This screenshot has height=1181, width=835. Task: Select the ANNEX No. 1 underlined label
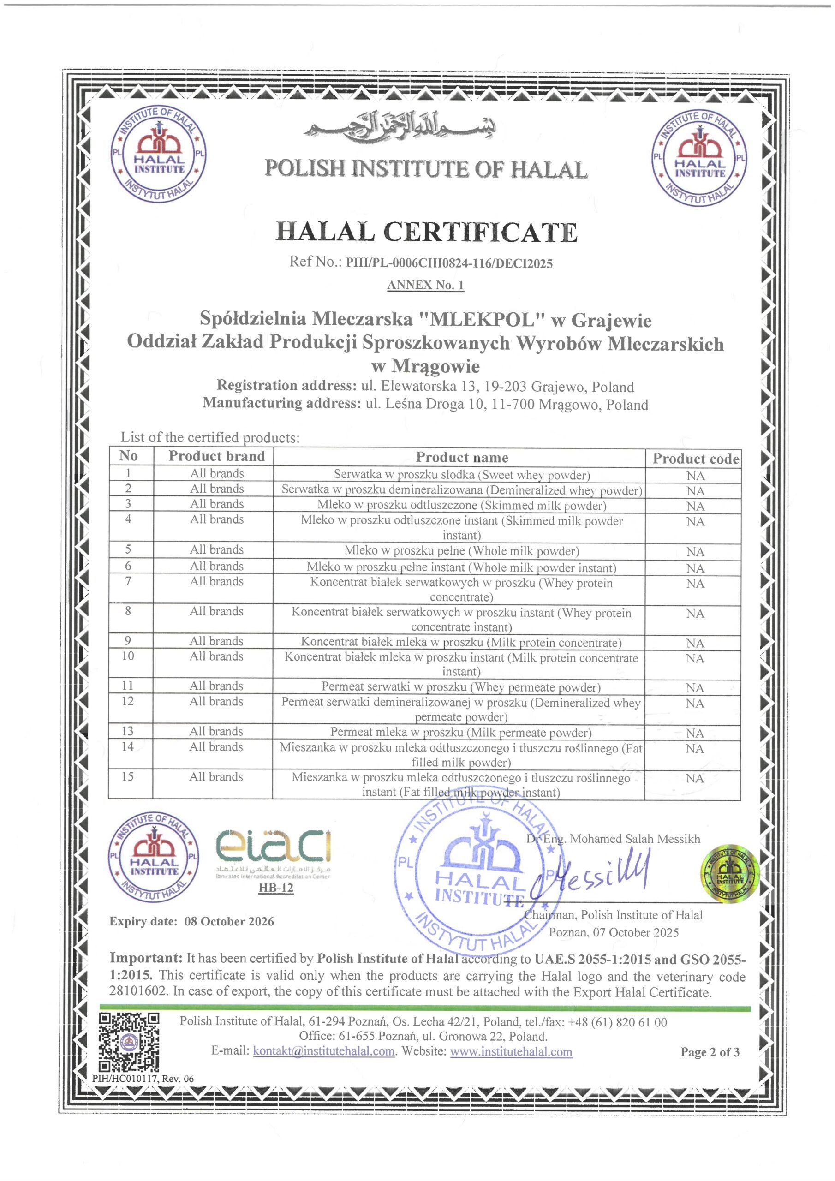pos(425,285)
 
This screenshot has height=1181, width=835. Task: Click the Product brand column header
pos(217,456)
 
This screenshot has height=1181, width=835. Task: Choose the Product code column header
pos(696,458)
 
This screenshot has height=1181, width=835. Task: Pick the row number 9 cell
pos(128,640)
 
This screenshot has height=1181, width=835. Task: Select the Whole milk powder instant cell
pos(461,567)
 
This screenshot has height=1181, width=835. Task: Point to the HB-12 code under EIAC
pos(276,888)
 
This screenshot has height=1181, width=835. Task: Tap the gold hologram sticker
pos(729,873)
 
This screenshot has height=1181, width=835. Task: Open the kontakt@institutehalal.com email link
pos(323,1051)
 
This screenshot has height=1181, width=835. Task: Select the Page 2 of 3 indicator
pos(710,1052)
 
